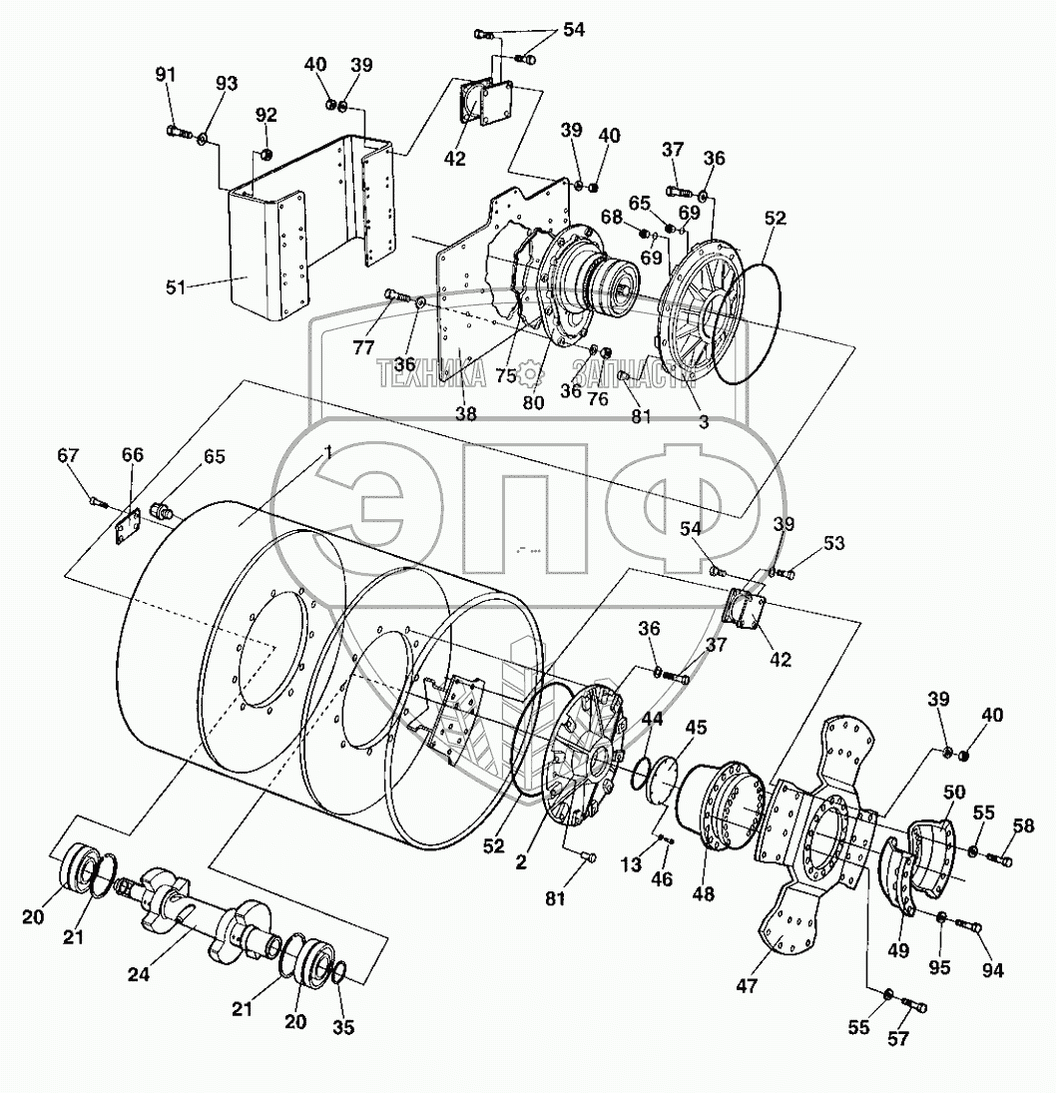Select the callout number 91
[166, 75]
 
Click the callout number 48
[703, 893]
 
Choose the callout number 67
[68, 455]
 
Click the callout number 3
[703, 421]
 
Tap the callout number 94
[993, 969]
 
